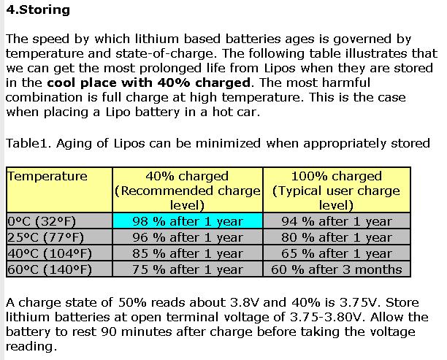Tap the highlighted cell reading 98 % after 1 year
[188, 221]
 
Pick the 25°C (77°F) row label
[42, 237]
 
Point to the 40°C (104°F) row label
[45, 253]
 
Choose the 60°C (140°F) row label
[45, 269]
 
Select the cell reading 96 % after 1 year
[188, 237]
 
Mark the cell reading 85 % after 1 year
[188, 253]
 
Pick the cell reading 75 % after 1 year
[188, 269]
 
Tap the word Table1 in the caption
[24, 143]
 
